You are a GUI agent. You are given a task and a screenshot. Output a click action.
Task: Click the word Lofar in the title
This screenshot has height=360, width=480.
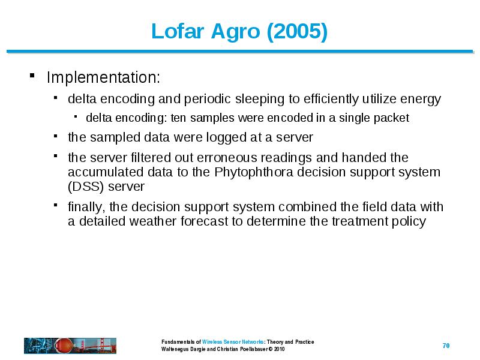[x=178, y=31]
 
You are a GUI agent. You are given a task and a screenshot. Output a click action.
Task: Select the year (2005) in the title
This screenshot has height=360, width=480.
[x=297, y=32]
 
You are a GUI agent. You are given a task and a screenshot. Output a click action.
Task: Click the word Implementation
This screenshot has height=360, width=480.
[x=103, y=77]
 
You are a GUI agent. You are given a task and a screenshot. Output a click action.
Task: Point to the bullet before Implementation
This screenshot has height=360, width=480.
[x=32, y=76]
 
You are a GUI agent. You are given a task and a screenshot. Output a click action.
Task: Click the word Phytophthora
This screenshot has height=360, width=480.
[x=254, y=172]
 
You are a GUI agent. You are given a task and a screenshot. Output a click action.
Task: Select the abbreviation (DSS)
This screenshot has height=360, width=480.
[x=86, y=187]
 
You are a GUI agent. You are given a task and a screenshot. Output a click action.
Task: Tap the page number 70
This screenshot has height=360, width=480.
[x=446, y=346]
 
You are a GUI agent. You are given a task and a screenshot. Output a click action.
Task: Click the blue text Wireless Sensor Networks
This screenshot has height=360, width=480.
[x=233, y=342]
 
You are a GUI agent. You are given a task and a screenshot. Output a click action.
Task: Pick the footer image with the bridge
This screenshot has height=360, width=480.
[x=70, y=346]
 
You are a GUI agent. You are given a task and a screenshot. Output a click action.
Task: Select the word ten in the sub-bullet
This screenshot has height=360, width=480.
[x=178, y=118]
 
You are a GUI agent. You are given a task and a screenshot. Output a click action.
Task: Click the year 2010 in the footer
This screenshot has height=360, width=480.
[x=279, y=349]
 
